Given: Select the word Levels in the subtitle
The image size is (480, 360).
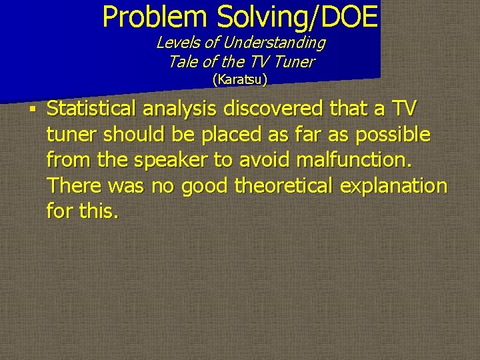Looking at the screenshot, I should [175, 43].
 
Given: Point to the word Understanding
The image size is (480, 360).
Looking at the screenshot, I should [275, 43].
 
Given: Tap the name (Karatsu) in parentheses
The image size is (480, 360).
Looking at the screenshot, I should [240, 80].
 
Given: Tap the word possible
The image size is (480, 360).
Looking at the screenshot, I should [393, 134].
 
